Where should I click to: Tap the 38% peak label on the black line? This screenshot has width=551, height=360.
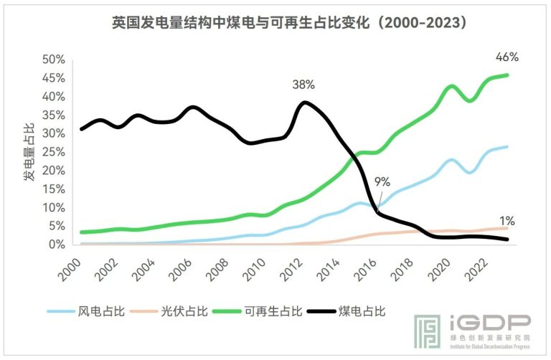pos(303,84)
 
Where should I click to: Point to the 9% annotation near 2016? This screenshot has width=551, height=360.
pos(383,182)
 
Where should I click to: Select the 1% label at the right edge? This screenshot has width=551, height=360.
pos(507,221)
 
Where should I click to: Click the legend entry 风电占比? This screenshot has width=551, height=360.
pos(86,311)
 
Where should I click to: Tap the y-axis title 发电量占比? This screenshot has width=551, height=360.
pos(29,151)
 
